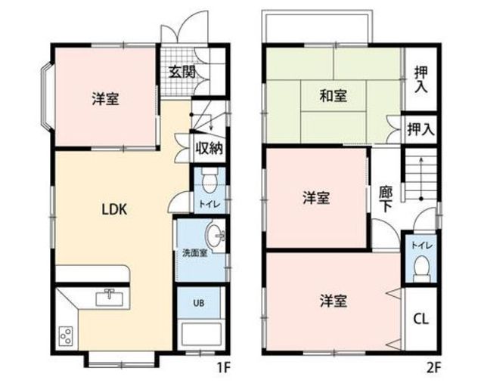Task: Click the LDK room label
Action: pyautogui.click(x=114, y=210)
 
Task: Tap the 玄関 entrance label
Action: pyautogui.click(x=182, y=73)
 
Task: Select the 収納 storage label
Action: pyautogui.click(x=209, y=149)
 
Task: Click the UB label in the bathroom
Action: pyautogui.click(x=199, y=303)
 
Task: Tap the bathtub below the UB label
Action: pyautogui.click(x=200, y=335)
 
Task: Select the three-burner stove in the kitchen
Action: pyautogui.click(x=66, y=336)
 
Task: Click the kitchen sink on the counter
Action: pyautogui.click(x=109, y=298)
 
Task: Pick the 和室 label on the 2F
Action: pyautogui.click(x=334, y=95)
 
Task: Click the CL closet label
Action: pyautogui.click(x=420, y=319)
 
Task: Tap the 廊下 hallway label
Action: pyautogui.click(x=386, y=199)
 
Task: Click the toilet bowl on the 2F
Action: pyautogui.click(x=422, y=267)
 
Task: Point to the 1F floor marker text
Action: pyautogui.click(x=224, y=367)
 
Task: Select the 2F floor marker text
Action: pyautogui.click(x=433, y=367)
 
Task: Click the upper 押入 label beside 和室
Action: pyautogui.click(x=421, y=79)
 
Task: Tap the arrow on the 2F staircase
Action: pyautogui.click(x=421, y=179)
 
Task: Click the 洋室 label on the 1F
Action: pyautogui.click(x=106, y=99)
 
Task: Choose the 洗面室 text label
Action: pyautogui.click(x=194, y=253)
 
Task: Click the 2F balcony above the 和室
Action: pyautogui.click(x=317, y=27)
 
